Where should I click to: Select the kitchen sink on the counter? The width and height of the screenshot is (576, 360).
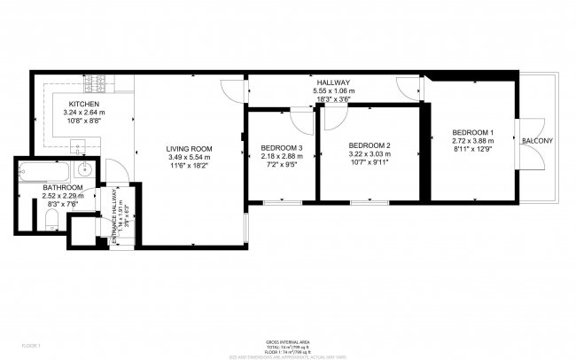[x=77, y=146]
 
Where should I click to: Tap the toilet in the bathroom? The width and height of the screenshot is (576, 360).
[x=50, y=220]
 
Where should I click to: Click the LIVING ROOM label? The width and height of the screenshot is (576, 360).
[x=191, y=148]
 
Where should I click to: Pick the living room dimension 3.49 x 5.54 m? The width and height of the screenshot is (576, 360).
[x=191, y=157]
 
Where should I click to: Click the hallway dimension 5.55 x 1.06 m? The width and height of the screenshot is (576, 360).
[x=332, y=90]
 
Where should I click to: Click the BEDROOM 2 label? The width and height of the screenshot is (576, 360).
[x=369, y=145]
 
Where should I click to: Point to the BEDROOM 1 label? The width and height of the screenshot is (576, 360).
[x=471, y=132]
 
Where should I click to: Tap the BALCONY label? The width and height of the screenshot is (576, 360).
[x=537, y=141]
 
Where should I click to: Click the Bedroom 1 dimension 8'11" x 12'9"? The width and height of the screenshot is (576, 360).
[x=471, y=150]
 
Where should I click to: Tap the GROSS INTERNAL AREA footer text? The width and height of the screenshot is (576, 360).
[x=287, y=341]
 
